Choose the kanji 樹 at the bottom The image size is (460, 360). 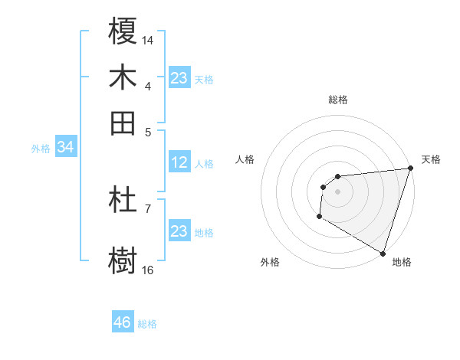(123, 259)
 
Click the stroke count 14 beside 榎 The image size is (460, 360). (148, 39)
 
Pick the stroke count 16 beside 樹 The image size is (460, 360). (148, 270)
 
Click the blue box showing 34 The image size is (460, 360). (65, 147)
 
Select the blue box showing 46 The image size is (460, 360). (123, 322)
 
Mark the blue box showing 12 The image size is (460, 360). (179, 162)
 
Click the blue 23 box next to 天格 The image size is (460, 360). (179, 77)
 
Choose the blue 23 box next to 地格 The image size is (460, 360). (179, 231)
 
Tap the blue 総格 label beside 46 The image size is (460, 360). (147, 324)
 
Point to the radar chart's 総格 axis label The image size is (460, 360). (337, 100)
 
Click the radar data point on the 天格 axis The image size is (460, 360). (410, 169)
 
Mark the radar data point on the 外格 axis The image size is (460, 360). (319, 217)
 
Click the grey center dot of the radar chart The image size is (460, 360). (337, 191)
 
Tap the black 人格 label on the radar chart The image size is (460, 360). (245, 159)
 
